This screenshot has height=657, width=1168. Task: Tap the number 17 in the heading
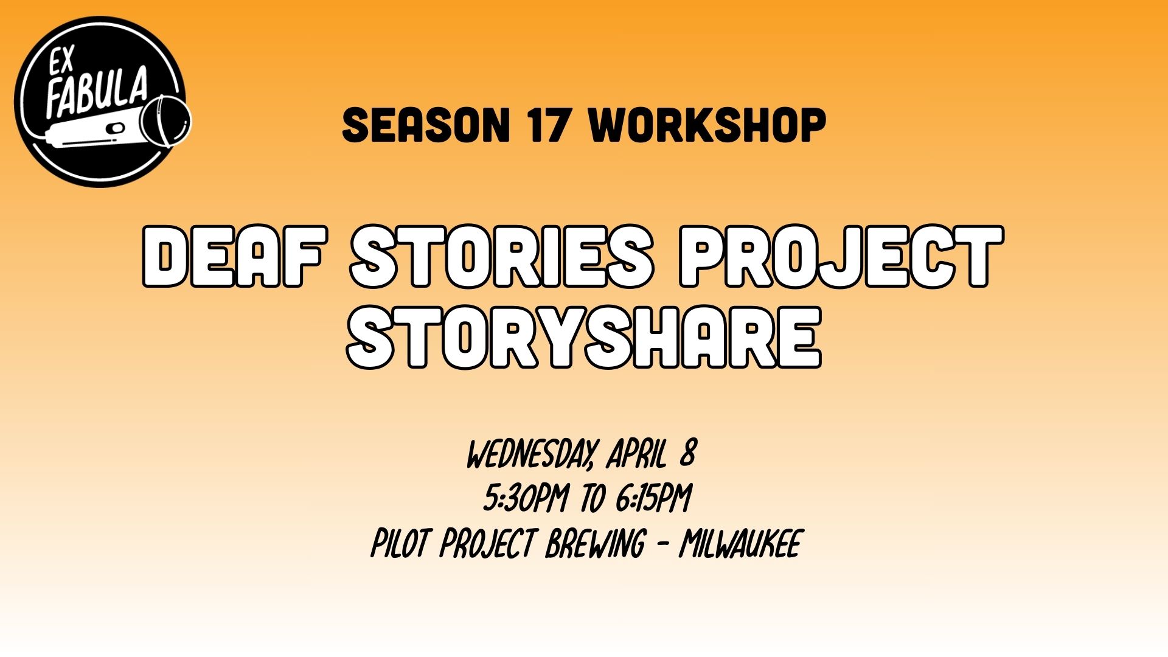[549, 125]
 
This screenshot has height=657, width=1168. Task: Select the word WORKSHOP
[708, 125]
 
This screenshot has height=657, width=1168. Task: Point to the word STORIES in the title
[502, 256]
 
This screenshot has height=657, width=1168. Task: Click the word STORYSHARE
[584, 338]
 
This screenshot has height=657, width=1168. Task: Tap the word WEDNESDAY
[530, 454]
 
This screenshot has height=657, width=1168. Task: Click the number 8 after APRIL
[687, 454]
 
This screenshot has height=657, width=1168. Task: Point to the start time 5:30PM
[526, 499]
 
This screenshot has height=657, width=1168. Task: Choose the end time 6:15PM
[653, 499]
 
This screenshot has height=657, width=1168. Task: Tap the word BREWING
[594, 543]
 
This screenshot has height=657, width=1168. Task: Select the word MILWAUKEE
[740, 543]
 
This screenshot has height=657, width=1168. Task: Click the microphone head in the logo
[167, 120]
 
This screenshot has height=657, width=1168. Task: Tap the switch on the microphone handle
[116, 128]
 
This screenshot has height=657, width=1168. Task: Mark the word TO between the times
[593, 499]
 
